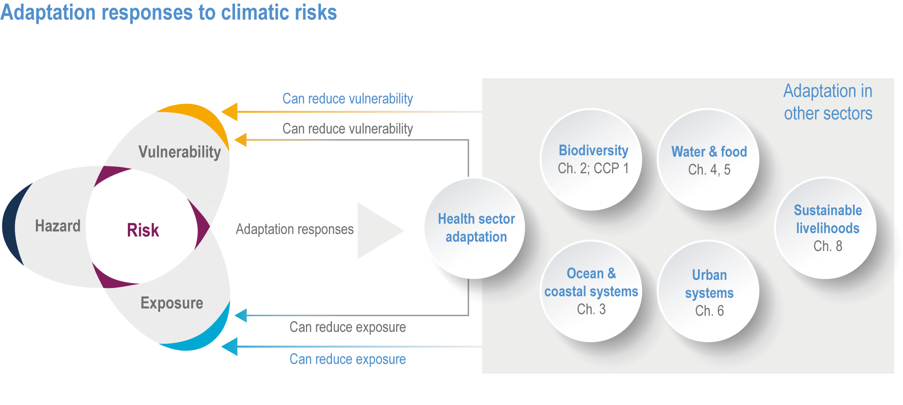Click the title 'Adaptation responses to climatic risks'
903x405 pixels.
click(169, 13)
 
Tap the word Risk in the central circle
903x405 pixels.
click(143, 230)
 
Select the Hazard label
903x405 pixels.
click(58, 226)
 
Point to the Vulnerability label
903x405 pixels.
click(179, 152)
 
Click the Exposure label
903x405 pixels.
click(172, 303)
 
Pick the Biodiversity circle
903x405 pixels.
click(591, 159)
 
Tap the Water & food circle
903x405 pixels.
click(708, 159)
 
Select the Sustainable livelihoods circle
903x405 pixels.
click(826, 228)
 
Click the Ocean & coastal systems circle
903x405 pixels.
click(591, 291)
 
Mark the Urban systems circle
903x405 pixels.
click(708, 291)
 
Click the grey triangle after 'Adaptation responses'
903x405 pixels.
click(377, 231)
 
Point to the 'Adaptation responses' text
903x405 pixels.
click(295, 229)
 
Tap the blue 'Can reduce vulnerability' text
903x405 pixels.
click(348, 99)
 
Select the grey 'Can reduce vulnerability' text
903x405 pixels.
click(348, 129)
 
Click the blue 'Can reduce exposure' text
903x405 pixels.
click(348, 359)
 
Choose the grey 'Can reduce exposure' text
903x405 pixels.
click(348, 327)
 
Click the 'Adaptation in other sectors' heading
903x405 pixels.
click(828, 102)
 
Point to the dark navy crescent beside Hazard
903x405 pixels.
click(13, 224)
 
